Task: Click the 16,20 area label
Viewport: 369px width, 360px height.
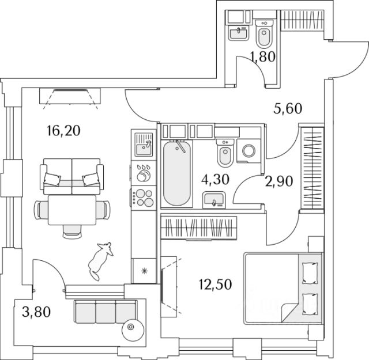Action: point(63,130)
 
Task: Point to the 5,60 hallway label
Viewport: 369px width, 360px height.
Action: point(287,108)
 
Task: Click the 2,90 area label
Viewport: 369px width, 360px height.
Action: point(280,181)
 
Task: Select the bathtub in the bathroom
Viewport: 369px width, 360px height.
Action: point(176,173)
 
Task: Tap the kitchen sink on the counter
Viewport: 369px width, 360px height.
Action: point(142,146)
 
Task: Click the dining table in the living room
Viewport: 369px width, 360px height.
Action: point(72,211)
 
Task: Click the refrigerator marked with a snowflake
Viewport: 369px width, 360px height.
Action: point(142,270)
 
